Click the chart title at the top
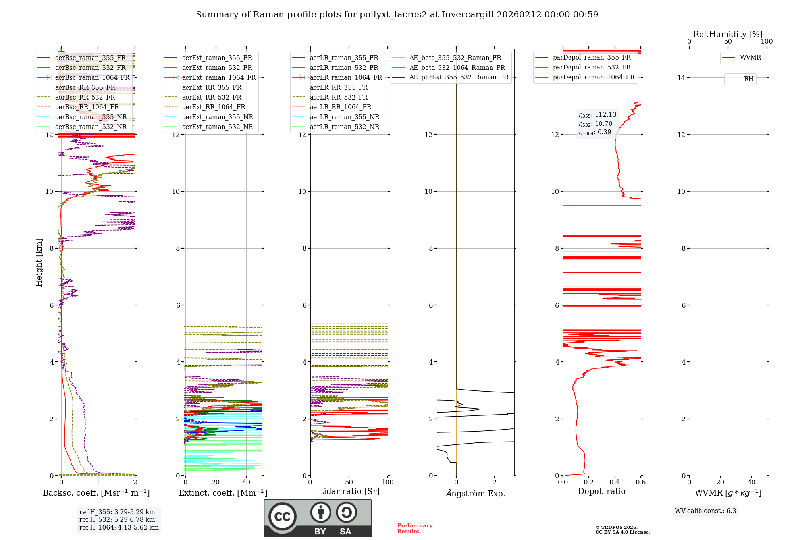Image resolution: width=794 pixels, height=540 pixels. click(x=397, y=15)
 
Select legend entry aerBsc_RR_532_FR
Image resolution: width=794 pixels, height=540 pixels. click(x=85, y=97)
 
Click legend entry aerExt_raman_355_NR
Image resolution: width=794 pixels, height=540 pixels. click(x=218, y=117)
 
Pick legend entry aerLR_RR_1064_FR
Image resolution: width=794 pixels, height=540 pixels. click(x=340, y=107)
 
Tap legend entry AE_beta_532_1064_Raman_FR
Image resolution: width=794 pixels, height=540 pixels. click(x=457, y=67)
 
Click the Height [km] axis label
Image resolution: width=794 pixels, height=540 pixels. click(x=39, y=262)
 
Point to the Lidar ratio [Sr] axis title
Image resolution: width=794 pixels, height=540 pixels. click(x=349, y=491)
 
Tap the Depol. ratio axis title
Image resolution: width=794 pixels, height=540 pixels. click(x=601, y=491)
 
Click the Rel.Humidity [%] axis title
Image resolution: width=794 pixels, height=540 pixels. click(x=728, y=34)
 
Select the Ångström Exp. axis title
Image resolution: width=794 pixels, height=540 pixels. click(x=475, y=493)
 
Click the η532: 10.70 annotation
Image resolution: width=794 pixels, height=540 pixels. click(x=595, y=124)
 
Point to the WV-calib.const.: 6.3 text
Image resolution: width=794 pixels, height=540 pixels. click(x=705, y=511)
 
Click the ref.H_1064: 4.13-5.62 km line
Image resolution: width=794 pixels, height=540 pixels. click(x=119, y=528)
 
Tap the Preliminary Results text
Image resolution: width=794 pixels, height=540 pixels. click(x=414, y=528)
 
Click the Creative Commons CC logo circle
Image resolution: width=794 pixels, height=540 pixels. click(x=282, y=517)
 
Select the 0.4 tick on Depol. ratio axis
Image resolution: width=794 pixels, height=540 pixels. click(x=615, y=482)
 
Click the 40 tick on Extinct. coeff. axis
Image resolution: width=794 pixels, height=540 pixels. click(x=246, y=482)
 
